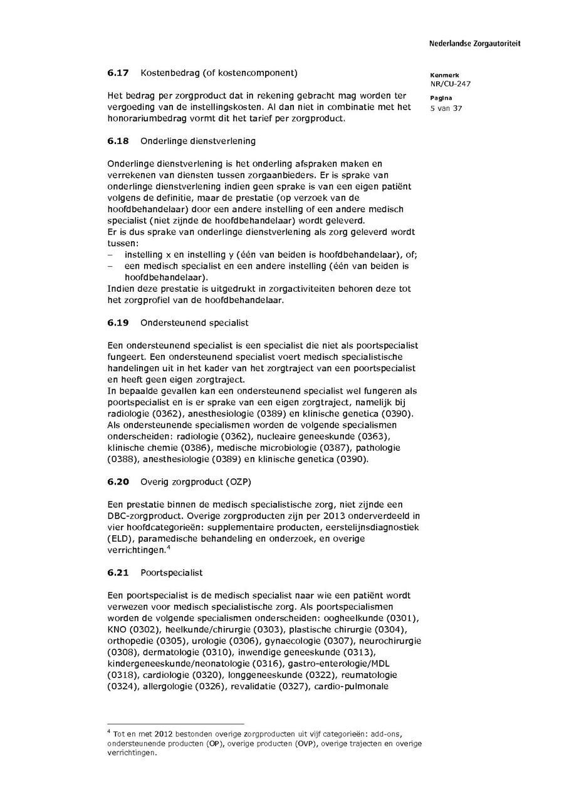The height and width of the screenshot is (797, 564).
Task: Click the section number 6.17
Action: [118, 73]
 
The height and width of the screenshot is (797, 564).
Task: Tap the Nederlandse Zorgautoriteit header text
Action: [474, 44]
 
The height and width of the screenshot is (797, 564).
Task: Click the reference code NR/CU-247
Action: [451, 84]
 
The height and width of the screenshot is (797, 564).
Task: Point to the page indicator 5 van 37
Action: [446, 108]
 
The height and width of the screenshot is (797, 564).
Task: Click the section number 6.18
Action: [118, 141]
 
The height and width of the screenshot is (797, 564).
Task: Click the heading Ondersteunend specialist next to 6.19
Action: [194, 322]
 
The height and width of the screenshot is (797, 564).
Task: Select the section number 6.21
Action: [118, 573]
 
